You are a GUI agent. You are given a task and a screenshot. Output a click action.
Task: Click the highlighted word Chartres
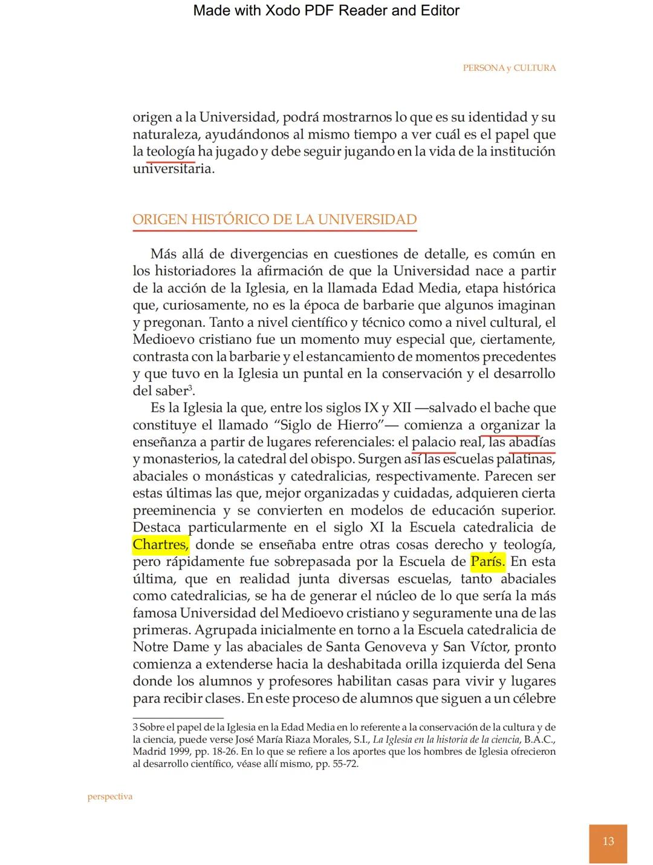coord(160,545)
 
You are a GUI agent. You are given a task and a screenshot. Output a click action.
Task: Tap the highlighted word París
coord(487,562)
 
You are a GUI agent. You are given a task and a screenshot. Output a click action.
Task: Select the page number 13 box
coord(608,842)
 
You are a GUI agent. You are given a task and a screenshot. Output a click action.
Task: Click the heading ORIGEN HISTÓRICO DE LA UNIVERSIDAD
coord(275,220)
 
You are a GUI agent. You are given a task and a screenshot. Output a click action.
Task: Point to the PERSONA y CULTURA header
coord(509,68)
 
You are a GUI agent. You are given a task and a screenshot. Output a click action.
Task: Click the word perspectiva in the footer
coord(109,797)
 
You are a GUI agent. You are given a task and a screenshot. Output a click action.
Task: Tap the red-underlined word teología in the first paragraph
coord(171,151)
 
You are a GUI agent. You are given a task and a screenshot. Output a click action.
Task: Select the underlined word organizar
coord(510,425)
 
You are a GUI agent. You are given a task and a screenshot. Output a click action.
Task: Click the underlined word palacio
coord(434,442)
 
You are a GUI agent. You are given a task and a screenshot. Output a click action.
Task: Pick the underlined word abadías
coord(531,442)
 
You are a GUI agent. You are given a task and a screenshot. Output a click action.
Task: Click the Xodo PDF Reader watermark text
coord(326,10)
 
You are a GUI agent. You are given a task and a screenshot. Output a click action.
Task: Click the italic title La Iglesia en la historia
coord(446,740)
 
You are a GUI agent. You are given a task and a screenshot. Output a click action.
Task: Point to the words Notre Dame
coord(171,647)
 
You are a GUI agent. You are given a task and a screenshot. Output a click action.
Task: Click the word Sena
coord(541,664)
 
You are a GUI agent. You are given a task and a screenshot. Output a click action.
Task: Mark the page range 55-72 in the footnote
coord(344,764)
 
